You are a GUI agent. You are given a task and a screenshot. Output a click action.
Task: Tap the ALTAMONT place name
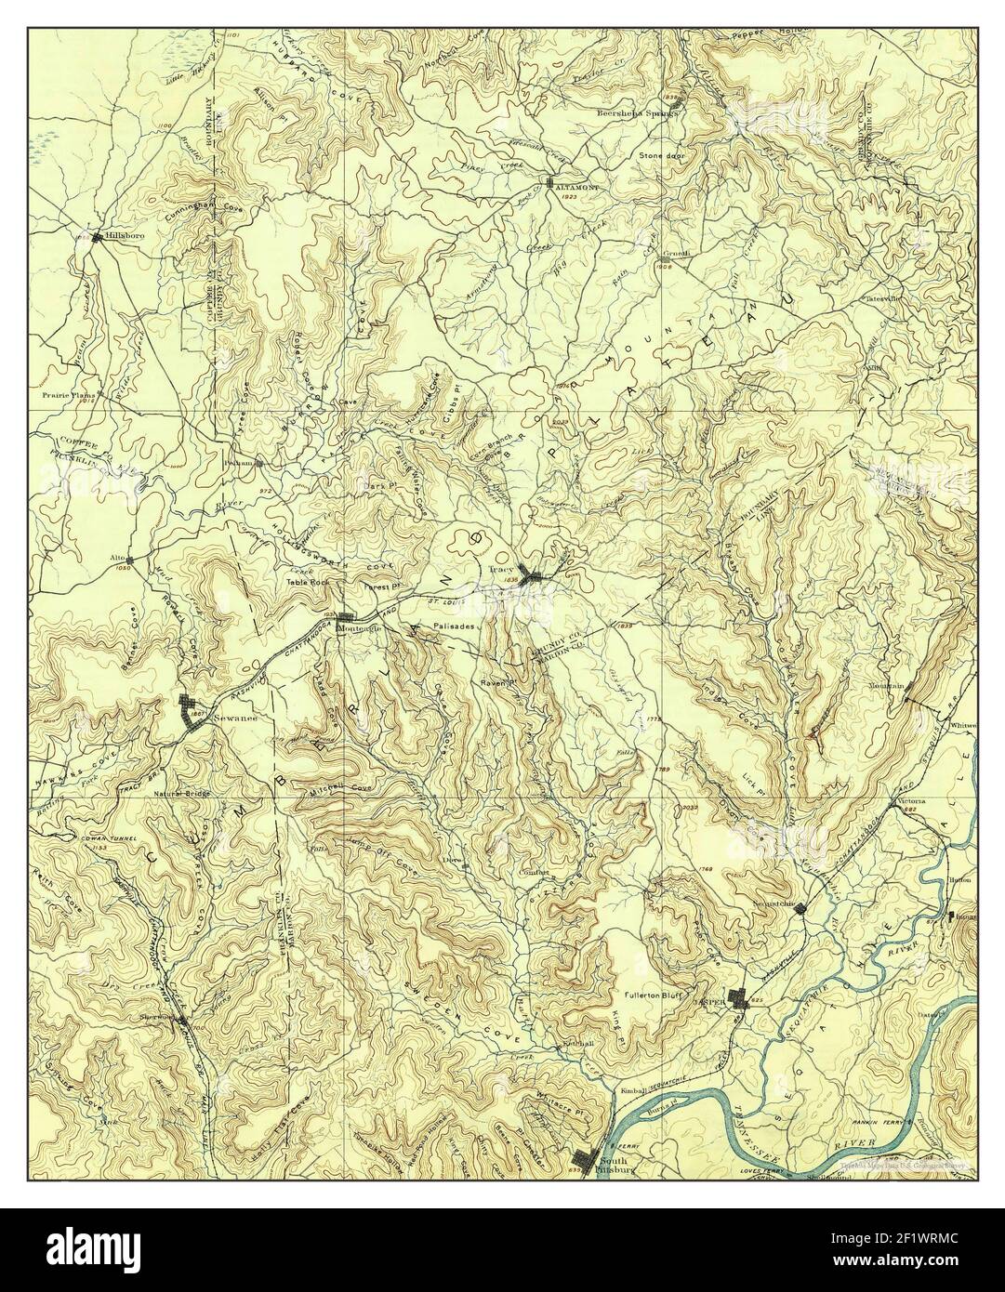(575, 186)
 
